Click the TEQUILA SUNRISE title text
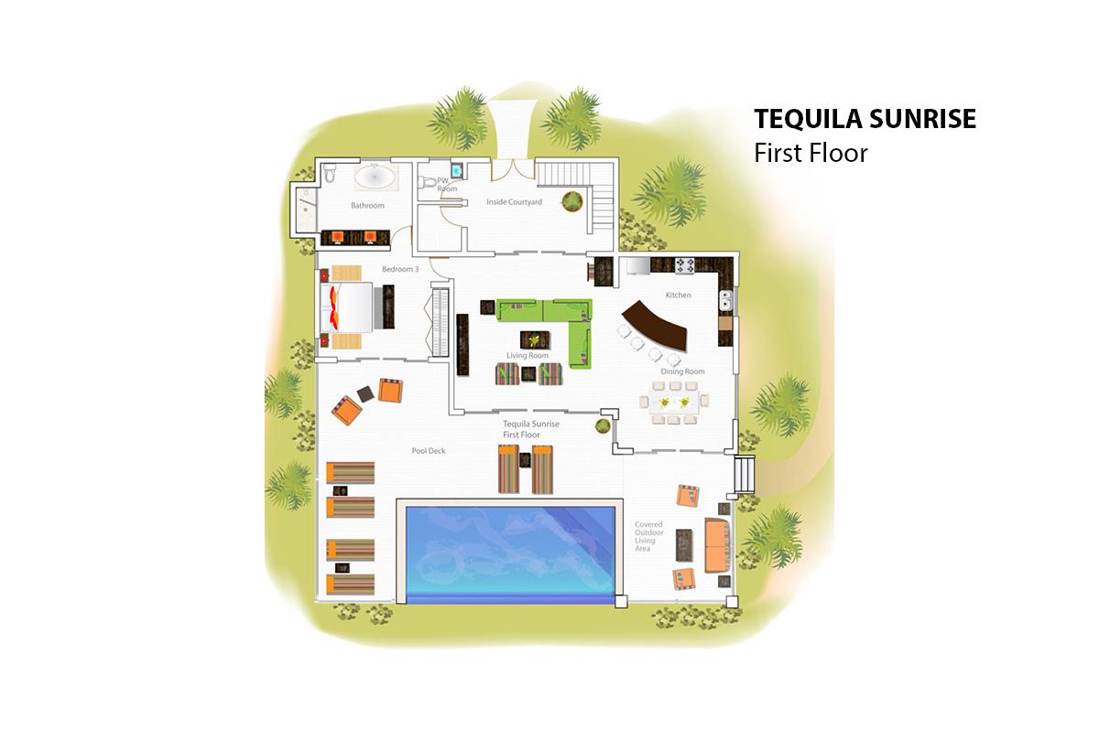(x=865, y=119)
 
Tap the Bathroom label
(x=367, y=206)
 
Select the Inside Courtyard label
(x=514, y=201)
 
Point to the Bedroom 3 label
(x=400, y=269)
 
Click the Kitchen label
(x=678, y=295)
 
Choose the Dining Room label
(x=682, y=371)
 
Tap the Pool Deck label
(x=429, y=450)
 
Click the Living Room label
(x=528, y=355)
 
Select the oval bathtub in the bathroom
(x=375, y=177)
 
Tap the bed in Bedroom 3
(x=346, y=308)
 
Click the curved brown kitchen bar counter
(x=655, y=325)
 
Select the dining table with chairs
(x=674, y=403)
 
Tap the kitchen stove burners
(x=685, y=265)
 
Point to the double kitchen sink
(x=725, y=300)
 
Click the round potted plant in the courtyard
(x=572, y=201)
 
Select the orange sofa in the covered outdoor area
(x=717, y=545)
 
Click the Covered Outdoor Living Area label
(x=648, y=536)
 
